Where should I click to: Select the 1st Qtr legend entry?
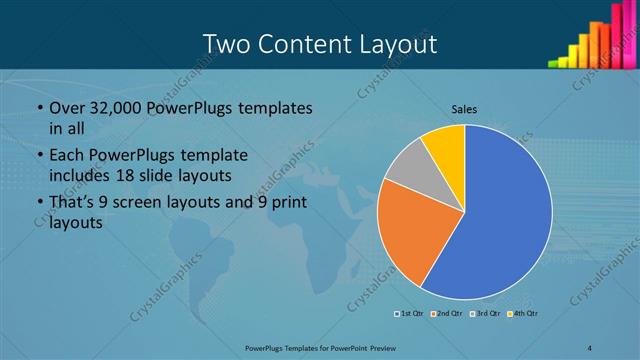(410, 314)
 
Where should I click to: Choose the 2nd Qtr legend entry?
(445, 314)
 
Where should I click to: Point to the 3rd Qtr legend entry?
(485, 314)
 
